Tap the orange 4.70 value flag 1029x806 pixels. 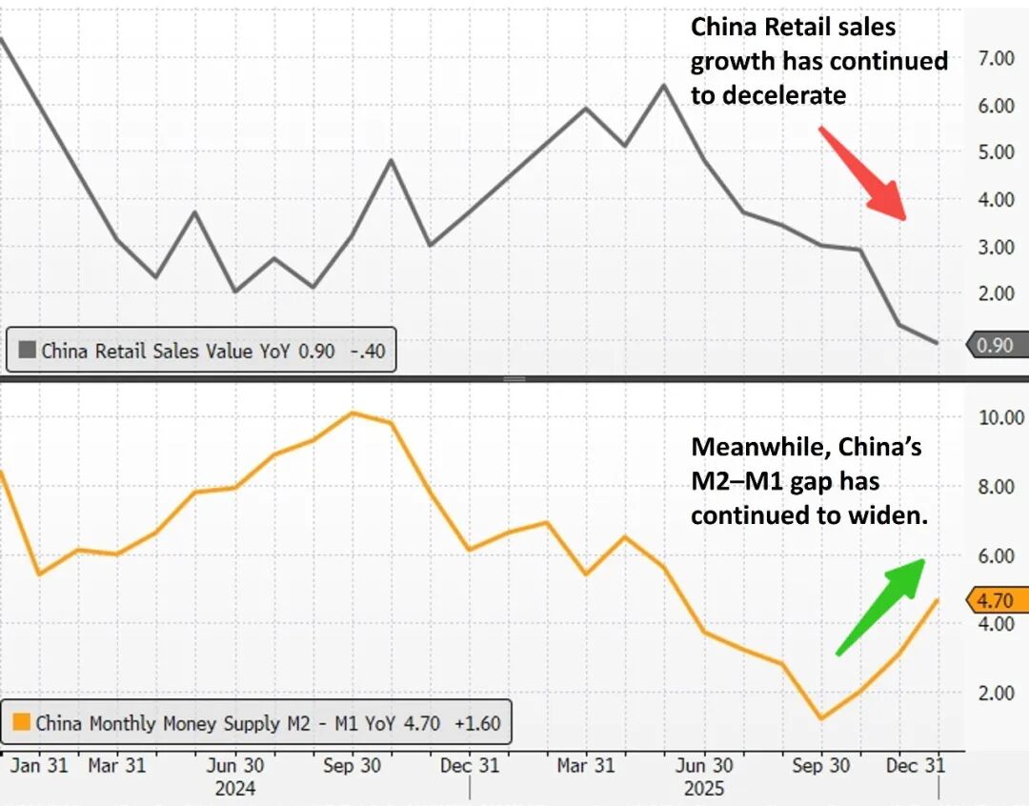pyautogui.click(x=997, y=601)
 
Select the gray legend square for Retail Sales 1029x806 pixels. pyautogui.click(x=25, y=351)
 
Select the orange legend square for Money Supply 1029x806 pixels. pyautogui.click(x=23, y=723)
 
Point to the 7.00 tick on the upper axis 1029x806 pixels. pyautogui.click(x=996, y=58)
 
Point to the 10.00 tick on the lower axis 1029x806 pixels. pyautogui.click(x=1000, y=417)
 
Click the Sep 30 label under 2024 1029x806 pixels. pyautogui.click(x=353, y=765)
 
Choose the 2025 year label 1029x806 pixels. pyautogui.click(x=704, y=789)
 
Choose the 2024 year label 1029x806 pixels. pyautogui.click(x=234, y=789)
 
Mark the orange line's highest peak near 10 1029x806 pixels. pyautogui.click(x=353, y=413)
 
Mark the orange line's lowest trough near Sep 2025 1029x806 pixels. pyautogui.click(x=821, y=718)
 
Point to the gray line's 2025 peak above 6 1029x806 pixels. pyautogui.click(x=663, y=85)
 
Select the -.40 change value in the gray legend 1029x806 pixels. pyautogui.click(x=367, y=351)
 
